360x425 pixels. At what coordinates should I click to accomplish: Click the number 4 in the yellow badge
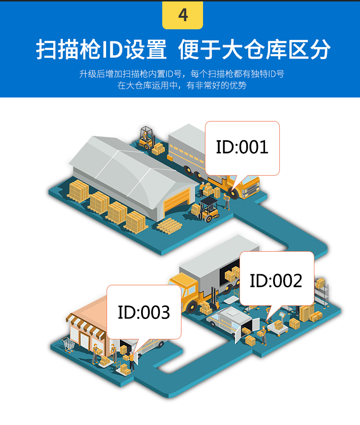pos(183,15)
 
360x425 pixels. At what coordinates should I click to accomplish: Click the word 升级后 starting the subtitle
pos(90,74)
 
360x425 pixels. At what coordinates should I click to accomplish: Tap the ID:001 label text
pos(242,147)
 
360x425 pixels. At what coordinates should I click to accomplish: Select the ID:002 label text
pos(276,280)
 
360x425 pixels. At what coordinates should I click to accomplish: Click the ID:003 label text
pos(144,312)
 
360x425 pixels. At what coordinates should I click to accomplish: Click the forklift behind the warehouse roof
pos(145,137)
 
